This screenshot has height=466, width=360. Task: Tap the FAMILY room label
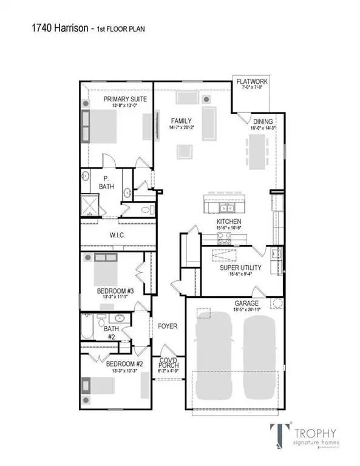pos(177,121)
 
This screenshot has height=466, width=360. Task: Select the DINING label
pos(263,121)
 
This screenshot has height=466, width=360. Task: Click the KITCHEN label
pos(229,221)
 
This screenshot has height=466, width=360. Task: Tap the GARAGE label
pos(247,303)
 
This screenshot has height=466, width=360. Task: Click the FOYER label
pos(168,326)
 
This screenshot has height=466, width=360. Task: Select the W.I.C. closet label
pos(117,235)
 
